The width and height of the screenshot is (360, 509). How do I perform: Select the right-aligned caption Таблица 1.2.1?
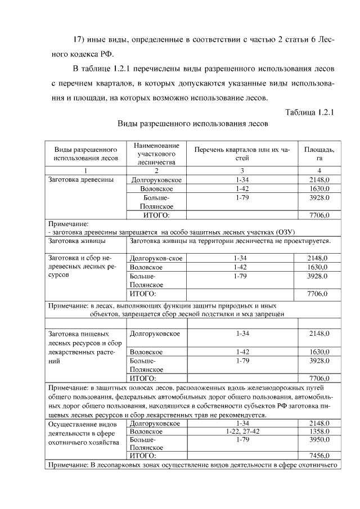click(310, 111)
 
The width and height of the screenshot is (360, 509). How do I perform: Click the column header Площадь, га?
click(319, 154)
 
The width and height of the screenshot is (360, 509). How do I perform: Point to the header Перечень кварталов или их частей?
click(242, 154)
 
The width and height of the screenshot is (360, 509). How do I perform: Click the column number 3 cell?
click(242, 170)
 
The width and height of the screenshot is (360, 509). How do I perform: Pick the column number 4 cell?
click(319, 170)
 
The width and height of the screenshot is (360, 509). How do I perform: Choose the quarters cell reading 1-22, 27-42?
click(242, 431)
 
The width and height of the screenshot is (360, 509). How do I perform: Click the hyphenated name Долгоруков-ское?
click(156, 258)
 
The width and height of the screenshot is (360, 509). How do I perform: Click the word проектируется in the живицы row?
click(304, 241)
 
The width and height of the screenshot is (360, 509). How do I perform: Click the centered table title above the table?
click(192, 123)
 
